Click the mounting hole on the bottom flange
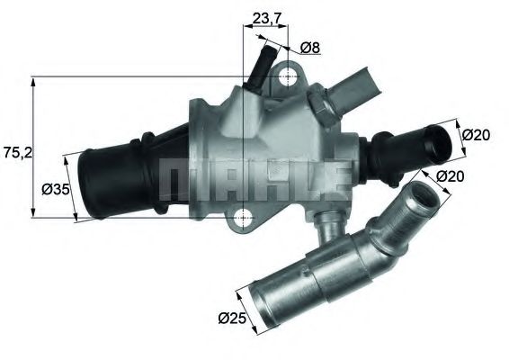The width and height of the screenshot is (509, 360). click(243, 217)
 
